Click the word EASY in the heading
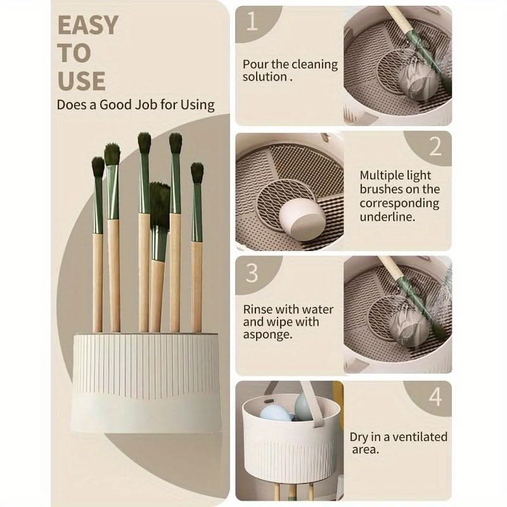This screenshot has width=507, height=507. point(88,25)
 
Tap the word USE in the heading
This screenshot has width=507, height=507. point(82,80)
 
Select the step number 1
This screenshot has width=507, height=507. point(252,22)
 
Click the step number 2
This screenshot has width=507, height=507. point(435,146)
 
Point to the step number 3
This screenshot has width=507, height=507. point(252,273)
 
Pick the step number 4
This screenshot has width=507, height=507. point(435,397)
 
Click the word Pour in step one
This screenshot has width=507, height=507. point(255,64)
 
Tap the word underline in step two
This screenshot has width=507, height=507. point(387,217)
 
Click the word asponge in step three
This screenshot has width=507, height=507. point(267,335)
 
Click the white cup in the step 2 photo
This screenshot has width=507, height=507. point(302,218)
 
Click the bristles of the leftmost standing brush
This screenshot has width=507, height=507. point(98,167)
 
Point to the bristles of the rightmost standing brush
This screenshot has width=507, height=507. point(197,172)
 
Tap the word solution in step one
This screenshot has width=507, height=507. point(265,77)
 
